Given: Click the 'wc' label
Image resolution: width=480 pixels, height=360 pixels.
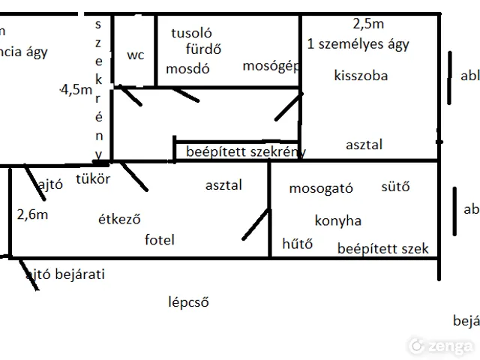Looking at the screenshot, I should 136,55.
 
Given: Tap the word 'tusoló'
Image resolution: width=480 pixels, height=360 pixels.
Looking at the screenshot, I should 192,33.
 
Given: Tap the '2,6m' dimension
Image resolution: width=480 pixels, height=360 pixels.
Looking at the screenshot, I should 32,214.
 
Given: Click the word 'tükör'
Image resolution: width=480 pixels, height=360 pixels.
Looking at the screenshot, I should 94,179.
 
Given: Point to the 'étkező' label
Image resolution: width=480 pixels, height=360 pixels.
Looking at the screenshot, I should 120,220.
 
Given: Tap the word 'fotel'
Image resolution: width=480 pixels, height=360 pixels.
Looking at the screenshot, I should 159,240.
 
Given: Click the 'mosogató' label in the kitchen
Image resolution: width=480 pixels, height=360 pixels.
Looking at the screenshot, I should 321,188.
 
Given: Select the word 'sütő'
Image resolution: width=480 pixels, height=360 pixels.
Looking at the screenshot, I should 395,187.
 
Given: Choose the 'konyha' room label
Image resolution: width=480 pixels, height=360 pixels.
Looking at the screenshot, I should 338,220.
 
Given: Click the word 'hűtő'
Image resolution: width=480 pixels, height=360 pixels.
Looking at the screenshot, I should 297,244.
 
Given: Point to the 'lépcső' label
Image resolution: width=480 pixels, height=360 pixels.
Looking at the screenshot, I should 188,303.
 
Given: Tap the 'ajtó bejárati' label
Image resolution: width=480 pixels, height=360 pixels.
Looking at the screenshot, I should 65,274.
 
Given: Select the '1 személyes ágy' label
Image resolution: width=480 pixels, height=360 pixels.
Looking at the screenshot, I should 358,44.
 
